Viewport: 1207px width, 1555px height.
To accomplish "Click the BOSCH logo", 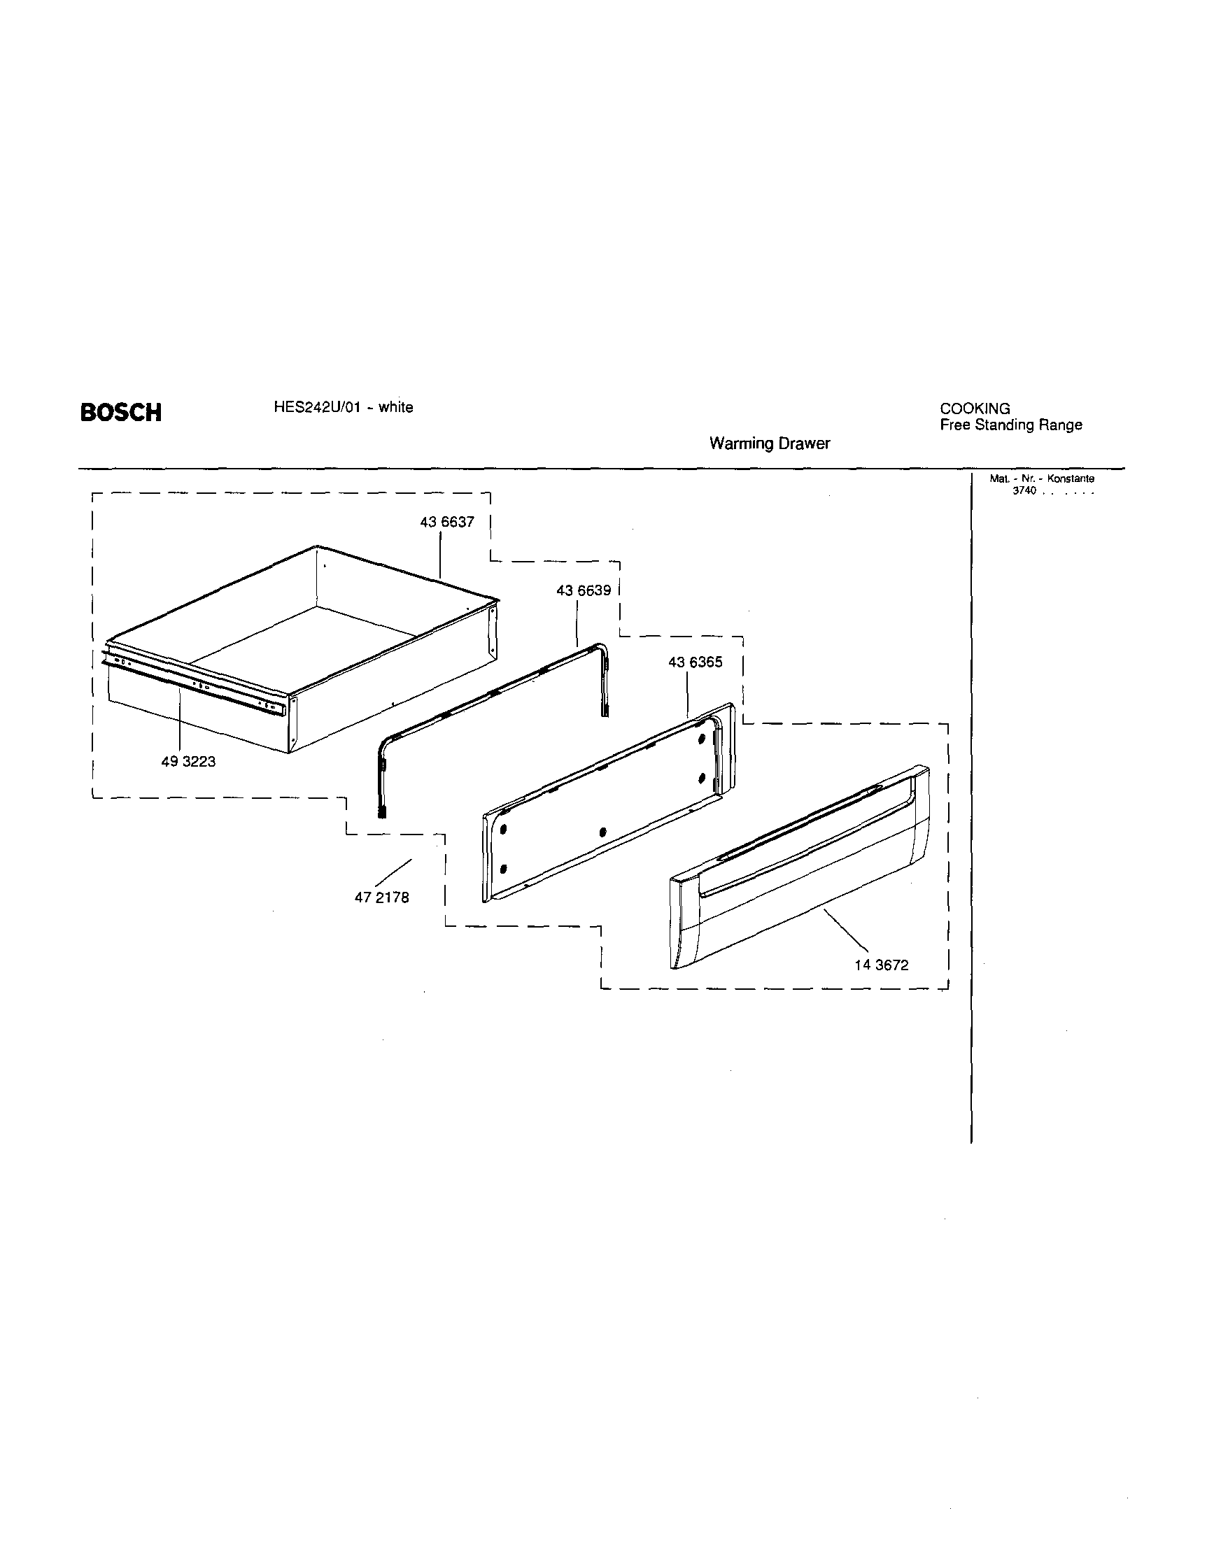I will pyautogui.click(x=120, y=412).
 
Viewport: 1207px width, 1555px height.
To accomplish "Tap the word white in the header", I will pyautogui.click(x=395, y=407).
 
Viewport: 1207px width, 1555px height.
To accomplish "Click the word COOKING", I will pyautogui.click(x=974, y=409).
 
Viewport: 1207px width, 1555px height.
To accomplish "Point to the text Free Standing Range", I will pyautogui.click(x=1010, y=425).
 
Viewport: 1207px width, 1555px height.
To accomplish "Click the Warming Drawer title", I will pyautogui.click(x=769, y=443).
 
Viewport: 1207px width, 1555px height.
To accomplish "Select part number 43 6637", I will pyautogui.click(x=446, y=522).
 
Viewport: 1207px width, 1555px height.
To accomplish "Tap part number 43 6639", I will pyautogui.click(x=583, y=590).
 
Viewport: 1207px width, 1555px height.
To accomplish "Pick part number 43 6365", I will pyautogui.click(x=695, y=662).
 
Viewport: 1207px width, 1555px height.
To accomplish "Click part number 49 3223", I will pyautogui.click(x=188, y=761).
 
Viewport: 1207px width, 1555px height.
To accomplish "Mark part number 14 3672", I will pyautogui.click(x=882, y=965).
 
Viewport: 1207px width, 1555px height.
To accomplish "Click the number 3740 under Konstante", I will pyautogui.click(x=1024, y=491).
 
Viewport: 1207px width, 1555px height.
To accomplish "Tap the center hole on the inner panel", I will pyautogui.click(x=602, y=831).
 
